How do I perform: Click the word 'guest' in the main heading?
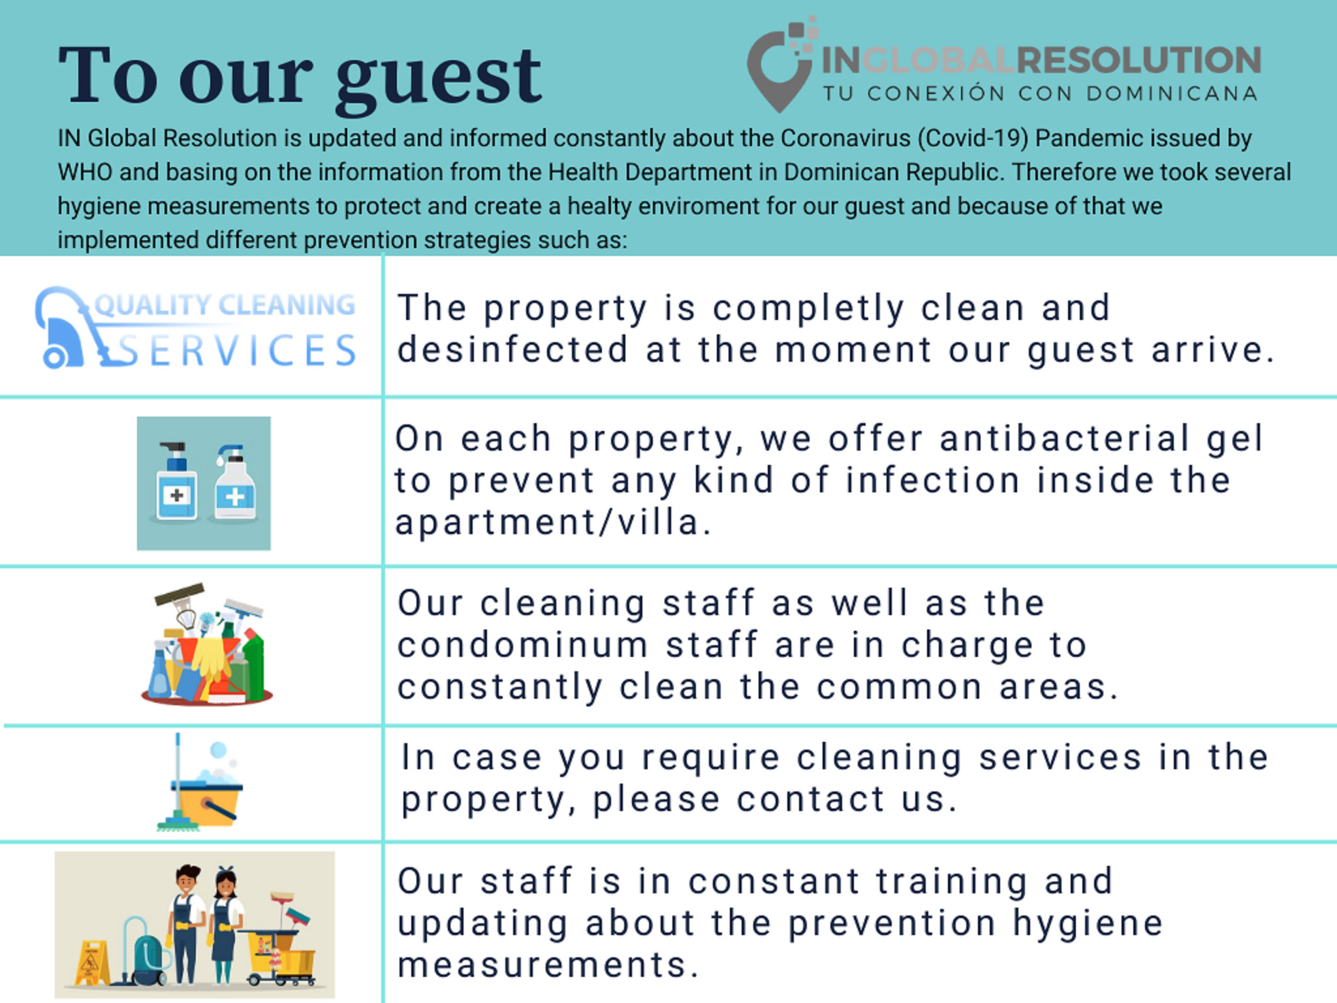(439, 80)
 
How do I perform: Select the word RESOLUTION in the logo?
(1139, 60)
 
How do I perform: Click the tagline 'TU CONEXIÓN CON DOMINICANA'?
(1040, 93)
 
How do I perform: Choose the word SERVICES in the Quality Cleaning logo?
(236, 351)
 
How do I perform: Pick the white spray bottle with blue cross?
(235, 483)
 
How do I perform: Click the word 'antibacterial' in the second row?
(1064, 438)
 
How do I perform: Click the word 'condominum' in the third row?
(523, 645)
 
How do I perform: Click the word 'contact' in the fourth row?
(810, 799)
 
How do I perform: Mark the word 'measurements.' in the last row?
(548, 964)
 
